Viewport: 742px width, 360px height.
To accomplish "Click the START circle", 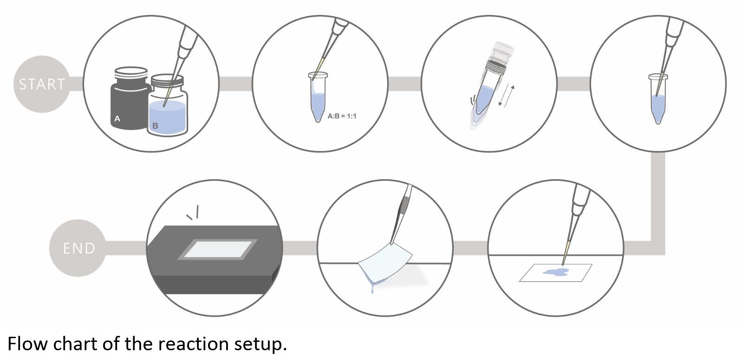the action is [x=42, y=84].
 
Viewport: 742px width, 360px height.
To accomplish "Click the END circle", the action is [x=78, y=248].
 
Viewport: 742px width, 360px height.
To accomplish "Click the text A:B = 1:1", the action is [x=342, y=116].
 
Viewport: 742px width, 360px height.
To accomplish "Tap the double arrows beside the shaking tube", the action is [x=507, y=96].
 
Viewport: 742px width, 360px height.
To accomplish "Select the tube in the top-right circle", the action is [x=658, y=99].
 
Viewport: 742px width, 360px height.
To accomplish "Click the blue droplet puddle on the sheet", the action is [x=555, y=272].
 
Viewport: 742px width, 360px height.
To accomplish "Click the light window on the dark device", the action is [x=217, y=249].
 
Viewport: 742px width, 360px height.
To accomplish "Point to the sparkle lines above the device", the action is [x=194, y=212].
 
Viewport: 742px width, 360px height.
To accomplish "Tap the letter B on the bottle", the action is [x=155, y=126].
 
